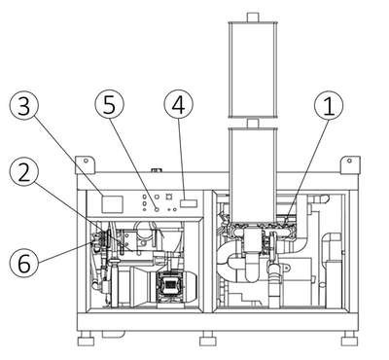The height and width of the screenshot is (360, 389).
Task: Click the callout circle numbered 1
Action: [x=329, y=105]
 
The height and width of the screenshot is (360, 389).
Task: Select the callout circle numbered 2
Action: [x=23, y=174]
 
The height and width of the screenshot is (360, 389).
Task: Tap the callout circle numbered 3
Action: [x=23, y=106]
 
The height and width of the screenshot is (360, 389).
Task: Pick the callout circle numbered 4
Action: [x=179, y=105]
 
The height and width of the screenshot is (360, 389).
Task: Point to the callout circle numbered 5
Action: [x=109, y=104]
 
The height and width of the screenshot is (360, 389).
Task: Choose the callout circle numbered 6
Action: [x=23, y=263]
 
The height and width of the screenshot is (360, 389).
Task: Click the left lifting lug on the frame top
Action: [x=86, y=164]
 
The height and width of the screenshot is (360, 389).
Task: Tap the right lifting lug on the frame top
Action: [x=350, y=164]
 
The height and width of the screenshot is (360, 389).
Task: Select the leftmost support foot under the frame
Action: [x=86, y=339]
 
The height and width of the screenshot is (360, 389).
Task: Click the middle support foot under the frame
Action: [x=207, y=339]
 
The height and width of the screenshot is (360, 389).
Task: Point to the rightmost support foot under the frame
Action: [x=349, y=339]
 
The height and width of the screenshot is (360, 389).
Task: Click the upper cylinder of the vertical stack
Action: [x=253, y=70]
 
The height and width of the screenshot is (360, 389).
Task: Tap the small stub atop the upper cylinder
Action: [x=253, y=18]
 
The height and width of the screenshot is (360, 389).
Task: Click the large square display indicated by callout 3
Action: [x=112, y=204]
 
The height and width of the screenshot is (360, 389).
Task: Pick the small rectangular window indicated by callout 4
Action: [x=189, y=203]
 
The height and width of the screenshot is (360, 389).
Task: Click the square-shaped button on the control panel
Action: [x=168, y=197]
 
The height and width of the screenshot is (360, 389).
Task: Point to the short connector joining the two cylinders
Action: [x=253, y=123]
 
